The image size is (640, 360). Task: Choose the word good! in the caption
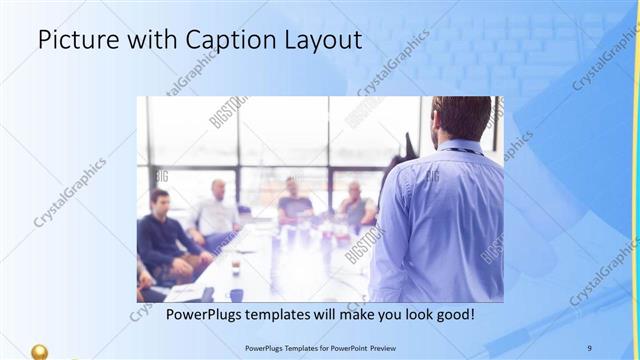[x=453, y=315]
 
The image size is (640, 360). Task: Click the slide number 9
[x=589, y=348]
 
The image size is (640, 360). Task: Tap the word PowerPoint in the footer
[x=344, y=348]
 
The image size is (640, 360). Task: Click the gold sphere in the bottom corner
[x=39, y=352]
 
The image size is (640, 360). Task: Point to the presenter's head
[x=461, y=118]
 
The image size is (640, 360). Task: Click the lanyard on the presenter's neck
[x=460, y=150]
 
